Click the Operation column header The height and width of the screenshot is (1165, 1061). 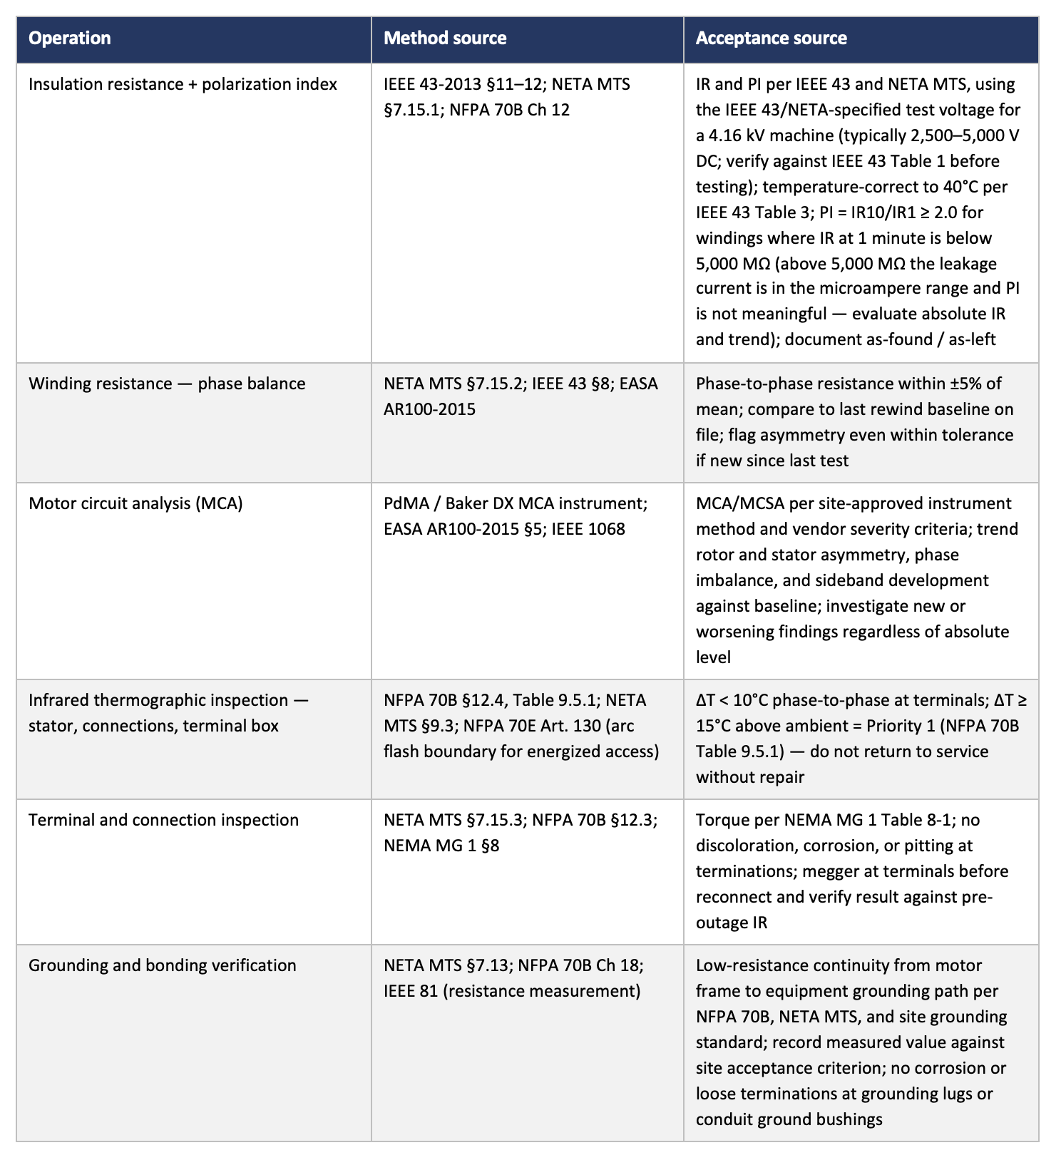pos(70,39)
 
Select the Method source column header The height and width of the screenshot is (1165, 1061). pos(445,39)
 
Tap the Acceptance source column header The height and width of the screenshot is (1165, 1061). pos(771,39)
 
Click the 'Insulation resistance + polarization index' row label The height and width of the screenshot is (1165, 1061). pos(183,84)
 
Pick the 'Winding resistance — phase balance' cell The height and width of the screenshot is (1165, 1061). pos(167,384)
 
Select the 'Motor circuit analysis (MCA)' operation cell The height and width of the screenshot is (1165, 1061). pos(135,503)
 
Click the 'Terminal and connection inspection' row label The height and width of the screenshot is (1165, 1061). pos(163,820)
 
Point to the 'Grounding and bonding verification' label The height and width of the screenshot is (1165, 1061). pos(162,965)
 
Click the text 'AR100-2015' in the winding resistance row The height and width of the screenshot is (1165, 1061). pos(429,409)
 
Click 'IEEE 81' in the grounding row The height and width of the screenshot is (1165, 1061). pos(411,991)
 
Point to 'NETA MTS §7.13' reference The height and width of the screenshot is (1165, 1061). pos(447,965)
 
